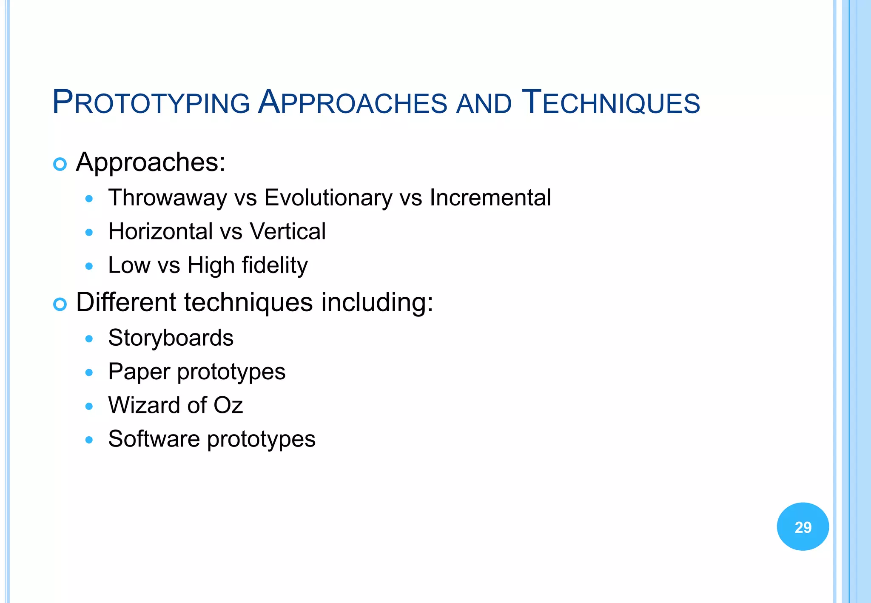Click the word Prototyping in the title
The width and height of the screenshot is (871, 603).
151,102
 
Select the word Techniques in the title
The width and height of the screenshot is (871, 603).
611,102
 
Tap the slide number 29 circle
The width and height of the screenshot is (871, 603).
803,526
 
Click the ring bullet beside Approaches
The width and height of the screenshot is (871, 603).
60,164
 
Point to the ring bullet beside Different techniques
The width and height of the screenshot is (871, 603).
60,304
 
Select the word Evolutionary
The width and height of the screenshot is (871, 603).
328,198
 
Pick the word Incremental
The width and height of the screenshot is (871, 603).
490,198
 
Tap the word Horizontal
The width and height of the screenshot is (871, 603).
160,231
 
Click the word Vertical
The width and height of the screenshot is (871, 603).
287,231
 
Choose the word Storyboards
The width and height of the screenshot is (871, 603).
171,338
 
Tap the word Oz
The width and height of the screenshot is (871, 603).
228,405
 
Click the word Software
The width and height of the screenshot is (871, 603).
154,439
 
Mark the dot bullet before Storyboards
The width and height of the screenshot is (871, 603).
89,339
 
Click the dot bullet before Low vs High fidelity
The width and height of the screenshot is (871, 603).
89,267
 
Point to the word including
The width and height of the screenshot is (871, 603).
377,303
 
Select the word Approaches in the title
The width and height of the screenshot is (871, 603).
353,102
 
